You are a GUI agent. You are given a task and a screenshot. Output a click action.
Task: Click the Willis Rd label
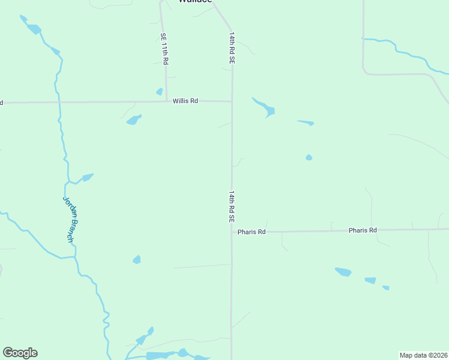click(185, 101)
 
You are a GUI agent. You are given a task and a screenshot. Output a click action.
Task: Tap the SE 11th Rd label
click(164, 49)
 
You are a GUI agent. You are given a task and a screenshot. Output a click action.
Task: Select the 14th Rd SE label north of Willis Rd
click(231, 49)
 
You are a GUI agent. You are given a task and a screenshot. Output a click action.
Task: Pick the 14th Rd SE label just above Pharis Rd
click(231, 207)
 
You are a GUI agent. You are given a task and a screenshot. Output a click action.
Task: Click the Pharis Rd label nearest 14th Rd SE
click(251, 232)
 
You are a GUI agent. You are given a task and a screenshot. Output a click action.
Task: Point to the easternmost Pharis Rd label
click(363, 230)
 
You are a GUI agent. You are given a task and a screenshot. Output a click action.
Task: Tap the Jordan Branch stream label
click(71, 220)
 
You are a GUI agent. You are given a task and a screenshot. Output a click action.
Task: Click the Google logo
click(20, 353)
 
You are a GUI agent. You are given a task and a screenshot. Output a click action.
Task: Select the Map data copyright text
click(423, 355)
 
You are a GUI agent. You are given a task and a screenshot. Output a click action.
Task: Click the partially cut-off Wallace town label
click(195, 1)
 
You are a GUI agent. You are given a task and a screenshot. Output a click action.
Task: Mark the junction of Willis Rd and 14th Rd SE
click(232, 101)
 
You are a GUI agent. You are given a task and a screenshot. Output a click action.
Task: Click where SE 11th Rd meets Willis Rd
click(166, 101)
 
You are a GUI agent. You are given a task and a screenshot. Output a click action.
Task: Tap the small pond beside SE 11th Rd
click(159, 92)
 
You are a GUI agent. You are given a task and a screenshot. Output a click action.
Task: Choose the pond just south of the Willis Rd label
click(133, 120)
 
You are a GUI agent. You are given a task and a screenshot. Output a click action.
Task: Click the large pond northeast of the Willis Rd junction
click(268, 110)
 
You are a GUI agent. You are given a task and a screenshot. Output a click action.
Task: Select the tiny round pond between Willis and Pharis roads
click(309, 158)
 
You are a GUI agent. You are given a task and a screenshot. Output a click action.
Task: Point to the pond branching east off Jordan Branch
click(88, 177)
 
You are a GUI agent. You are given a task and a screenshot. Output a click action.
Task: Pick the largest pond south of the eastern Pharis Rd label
click(343, 272)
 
